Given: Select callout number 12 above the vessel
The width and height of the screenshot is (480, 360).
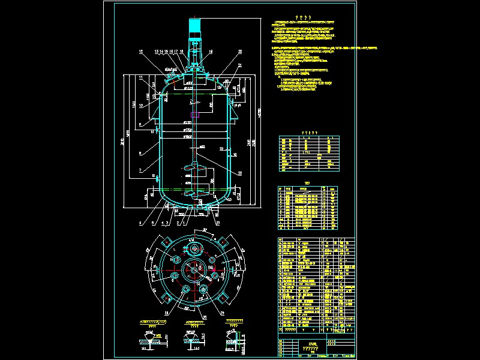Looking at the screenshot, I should click(142, 52).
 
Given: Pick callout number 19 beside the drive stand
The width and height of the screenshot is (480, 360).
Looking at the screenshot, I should click(211, 52).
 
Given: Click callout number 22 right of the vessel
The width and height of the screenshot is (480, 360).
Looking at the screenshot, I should click(240, 173).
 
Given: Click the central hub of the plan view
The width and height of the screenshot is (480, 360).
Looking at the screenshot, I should click(193, 271).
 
